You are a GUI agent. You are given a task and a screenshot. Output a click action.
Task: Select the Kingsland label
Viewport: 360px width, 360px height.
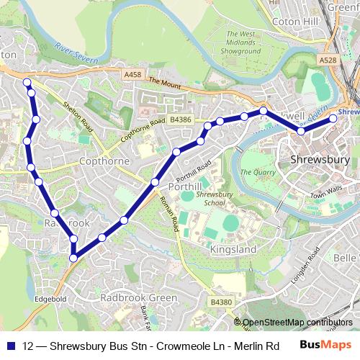pyautogui.click(x=233, y=249)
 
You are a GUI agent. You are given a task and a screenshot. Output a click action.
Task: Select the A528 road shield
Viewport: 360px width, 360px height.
pyautogui.click(x=328, y=61)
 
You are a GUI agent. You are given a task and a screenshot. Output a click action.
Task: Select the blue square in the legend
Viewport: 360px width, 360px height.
pyautogui.click(x=9, y=346)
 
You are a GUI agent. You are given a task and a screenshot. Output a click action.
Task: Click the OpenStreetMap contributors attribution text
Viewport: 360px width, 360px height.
pyautogui.click(x=297, y=322)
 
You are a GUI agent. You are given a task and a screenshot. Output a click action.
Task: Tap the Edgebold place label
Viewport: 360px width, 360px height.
pyautogui.click(x=50, y=298)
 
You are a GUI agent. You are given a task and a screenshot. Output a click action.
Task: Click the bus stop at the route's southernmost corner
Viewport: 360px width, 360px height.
pyautogui.click(x=73, y=257)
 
